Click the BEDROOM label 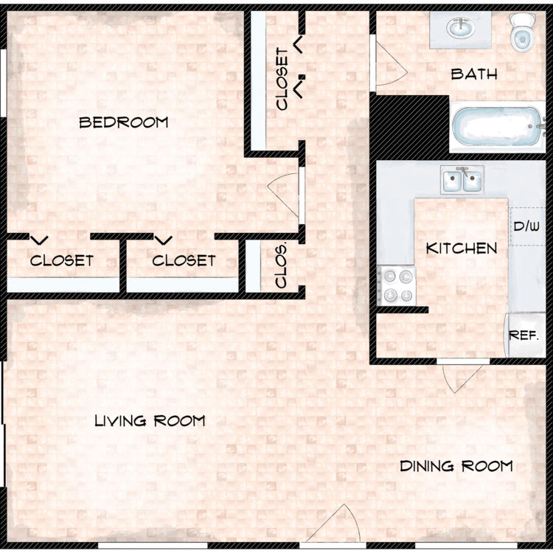pos(124,122)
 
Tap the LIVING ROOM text pos(150,420)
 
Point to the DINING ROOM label pos(456,466)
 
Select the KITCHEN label pos(462,248)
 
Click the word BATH pos(474,74)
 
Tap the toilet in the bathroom pos(522,32)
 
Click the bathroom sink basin pos(460,28)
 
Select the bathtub pos(496,127)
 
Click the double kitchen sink pos(462,179)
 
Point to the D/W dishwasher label pos(526,226)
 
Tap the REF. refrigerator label pos(524,335)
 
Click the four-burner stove pos(397,285)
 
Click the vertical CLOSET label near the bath pos(282,79)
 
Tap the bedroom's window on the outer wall pos(4,83)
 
